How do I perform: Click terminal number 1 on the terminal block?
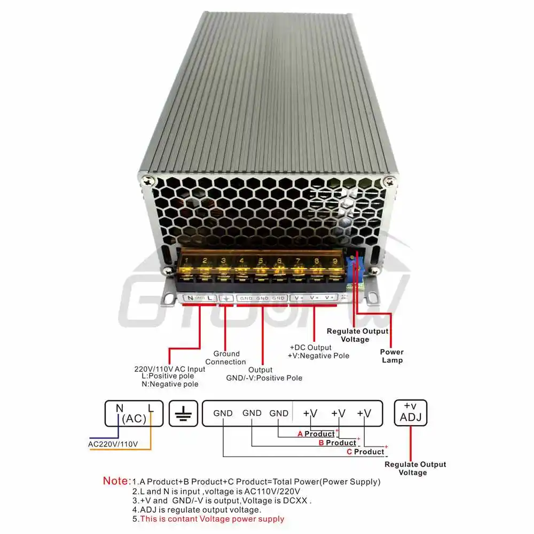coord(187,262)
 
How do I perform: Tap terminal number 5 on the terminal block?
coord(261,262)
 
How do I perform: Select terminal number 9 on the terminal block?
coord(334,262)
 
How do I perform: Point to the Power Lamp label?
coord(392,356)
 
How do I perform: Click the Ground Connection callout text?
coord(226,358)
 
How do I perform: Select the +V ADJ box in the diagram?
coord(411,412)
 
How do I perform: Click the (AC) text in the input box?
coord(134,419)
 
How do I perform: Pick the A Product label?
coord(316,434)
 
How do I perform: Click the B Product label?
coord(337,443)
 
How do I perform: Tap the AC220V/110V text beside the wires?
coord(113,444)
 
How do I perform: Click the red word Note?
coord(116,481)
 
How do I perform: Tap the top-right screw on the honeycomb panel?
coord(391,182)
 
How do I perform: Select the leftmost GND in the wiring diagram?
coord(223,413)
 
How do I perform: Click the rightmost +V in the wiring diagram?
coord(364,413)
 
